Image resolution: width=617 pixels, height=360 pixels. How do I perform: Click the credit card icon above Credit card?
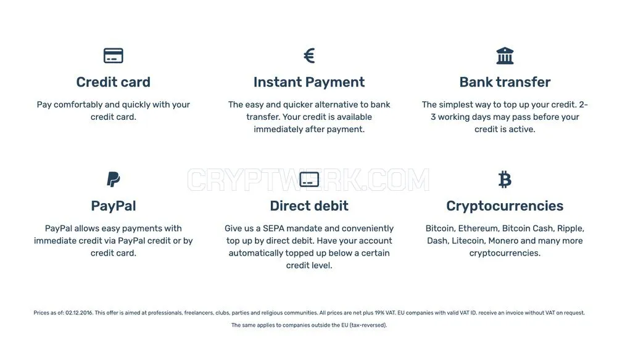click(x=114, y=56)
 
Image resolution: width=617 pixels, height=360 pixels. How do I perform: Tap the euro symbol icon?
click(x=309, y=56)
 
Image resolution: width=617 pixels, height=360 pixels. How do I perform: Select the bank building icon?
click(x=505, y=56)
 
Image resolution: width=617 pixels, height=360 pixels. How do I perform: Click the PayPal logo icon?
click(x=114, y=179)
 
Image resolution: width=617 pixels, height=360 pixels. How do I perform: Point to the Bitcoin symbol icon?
click(x=505, y=179)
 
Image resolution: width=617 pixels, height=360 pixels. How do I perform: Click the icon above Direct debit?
click(x=309, y=179)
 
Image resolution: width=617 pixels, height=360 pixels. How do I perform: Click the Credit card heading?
click(x=114, y=82)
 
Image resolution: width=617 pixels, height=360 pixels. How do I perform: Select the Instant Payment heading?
click(x=309, y=82)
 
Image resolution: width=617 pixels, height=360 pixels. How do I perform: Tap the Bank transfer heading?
click(x=505, y=82)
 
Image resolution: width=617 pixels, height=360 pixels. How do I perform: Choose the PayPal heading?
click(x=114, y=206)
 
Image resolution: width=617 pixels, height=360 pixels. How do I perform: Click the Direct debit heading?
click(x=309, y=206)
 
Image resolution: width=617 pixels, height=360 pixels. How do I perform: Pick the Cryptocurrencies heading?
click(x=505, y=206)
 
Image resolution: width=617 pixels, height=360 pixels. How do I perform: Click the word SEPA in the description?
click(x=273, y=228)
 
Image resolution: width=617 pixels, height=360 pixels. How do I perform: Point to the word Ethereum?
click(x=479, y=228)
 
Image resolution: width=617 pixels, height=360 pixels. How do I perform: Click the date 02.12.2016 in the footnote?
click(x=79, y=312)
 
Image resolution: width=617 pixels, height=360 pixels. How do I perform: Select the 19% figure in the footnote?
click(x=379, y=312)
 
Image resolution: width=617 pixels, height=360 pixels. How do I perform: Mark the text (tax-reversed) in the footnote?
click(x=368, y=325)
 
